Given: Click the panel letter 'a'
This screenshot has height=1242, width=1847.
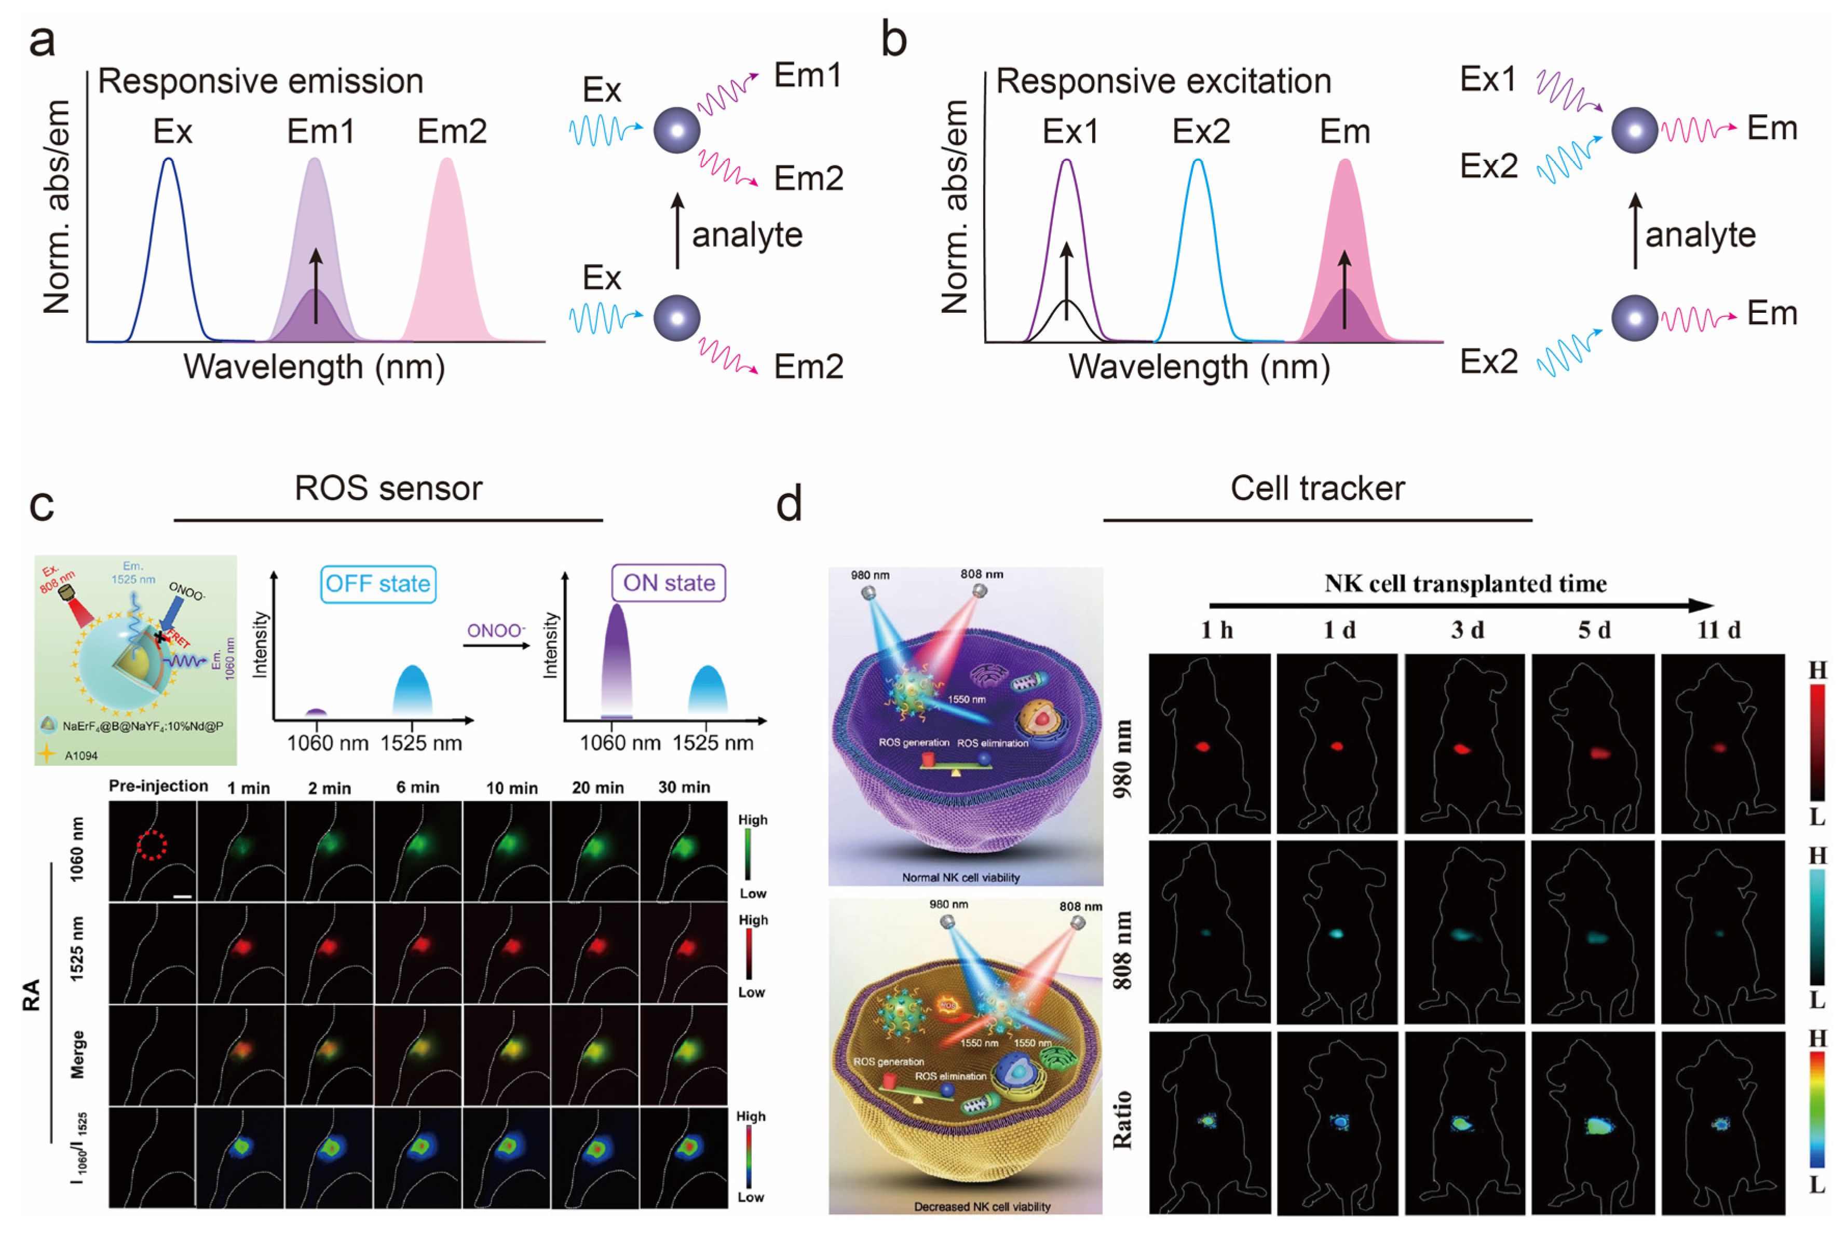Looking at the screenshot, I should pos(42,41).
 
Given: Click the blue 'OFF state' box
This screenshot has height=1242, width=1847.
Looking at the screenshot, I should pos(378,584).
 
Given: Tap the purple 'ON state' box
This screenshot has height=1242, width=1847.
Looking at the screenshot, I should pos(668,583).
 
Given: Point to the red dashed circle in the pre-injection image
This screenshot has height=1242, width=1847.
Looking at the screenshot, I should pos(152,845).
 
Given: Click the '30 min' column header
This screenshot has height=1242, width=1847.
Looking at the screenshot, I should pos(684,788).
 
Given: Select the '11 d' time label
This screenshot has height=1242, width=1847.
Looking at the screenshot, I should pos(1718,630).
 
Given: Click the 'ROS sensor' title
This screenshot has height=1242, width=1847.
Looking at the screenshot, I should pos(388,488).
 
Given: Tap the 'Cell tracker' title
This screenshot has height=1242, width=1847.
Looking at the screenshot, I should pos(1317,488).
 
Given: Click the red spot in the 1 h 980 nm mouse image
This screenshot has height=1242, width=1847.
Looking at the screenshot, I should pos(1203,746).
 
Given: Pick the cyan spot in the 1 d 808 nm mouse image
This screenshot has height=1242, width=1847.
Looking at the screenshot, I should pos(1336,933).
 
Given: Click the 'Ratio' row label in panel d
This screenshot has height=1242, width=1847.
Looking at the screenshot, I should pos(1122,1119).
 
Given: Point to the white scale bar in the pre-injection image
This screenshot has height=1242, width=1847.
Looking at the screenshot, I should pos(182,896).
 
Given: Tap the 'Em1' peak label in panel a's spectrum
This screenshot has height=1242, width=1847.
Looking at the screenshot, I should pos(320,131).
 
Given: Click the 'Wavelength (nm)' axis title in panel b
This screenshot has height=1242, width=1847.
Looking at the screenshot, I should pos(1199,367).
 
